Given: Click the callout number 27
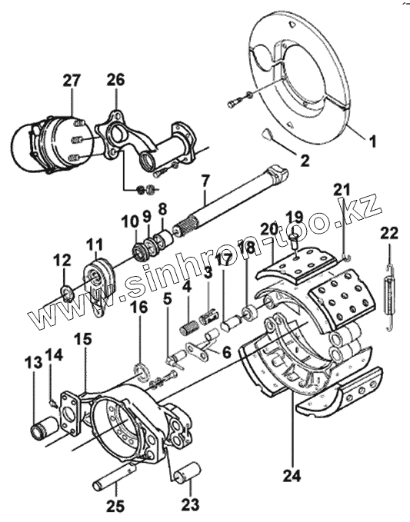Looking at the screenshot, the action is click(x=72, y=81).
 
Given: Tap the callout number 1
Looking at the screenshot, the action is click(x=373, y=141).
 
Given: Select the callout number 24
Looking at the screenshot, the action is click(x=292, y=475).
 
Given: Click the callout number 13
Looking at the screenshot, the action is click(x=33, y=363).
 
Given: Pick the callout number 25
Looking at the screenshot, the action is click(x=115, y=507).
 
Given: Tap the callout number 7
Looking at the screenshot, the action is click(x=205, y=181).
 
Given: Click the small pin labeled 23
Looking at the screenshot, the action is click(x=187, y=472).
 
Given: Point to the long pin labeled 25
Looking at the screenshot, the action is click(x=115, y=477).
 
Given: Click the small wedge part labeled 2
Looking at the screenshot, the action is click(x=267, y=134).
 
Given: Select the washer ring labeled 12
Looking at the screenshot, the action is click(x=67, y=292).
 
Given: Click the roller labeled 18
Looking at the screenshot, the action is click(x=250, y=313).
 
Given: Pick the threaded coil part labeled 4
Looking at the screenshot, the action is click(x=188, y=326).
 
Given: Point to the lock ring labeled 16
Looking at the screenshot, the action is click(x=143, y=373).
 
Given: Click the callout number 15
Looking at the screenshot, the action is click(x=82, y=339).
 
